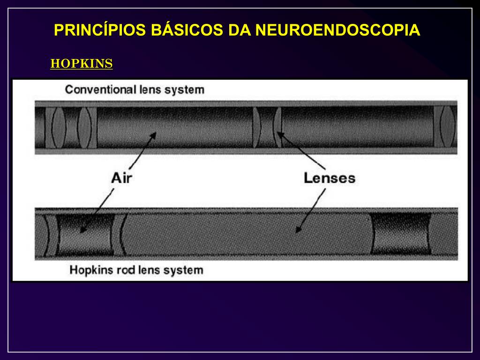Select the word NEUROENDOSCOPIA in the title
tap(337, 30)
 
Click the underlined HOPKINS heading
tap(82, 64)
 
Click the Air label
tap(121, 179)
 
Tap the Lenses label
tap(330, 178)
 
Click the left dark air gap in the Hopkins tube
tap(86, 234)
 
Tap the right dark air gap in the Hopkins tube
tap(401, 234)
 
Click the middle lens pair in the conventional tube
tap(267, 127)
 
